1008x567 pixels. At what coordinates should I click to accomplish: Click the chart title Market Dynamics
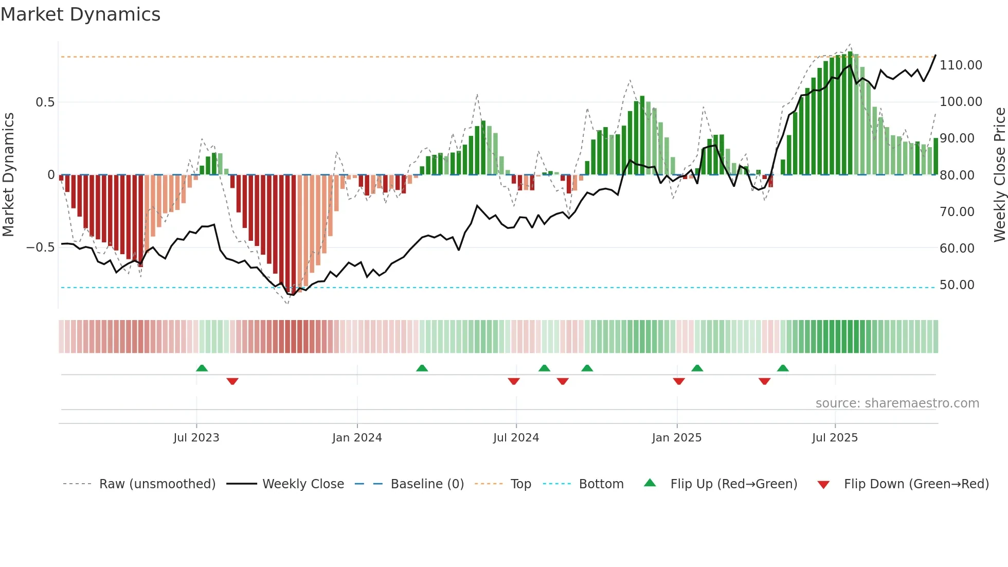coord(81,14)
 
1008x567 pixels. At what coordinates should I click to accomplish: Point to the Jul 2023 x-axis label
coord(196,438)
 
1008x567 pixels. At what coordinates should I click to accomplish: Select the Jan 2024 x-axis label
coord(357,438)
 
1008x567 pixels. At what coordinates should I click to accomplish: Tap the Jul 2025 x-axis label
coord(835,438)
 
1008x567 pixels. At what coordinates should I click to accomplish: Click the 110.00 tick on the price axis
coord(960,65)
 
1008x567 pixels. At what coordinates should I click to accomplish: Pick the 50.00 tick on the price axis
coord(957,285)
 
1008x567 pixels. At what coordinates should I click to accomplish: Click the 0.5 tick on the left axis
coord(45,102)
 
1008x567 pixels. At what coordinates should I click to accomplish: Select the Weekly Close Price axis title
coord(999,174)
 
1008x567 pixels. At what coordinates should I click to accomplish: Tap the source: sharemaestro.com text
coord(897,403)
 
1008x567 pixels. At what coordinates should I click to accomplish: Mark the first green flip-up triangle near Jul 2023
coord(202,368)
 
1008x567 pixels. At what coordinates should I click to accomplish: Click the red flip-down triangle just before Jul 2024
coord(514,381)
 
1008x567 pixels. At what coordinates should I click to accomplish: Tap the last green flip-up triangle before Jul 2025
coord(783,368)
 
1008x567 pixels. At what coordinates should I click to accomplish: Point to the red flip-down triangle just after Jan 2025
coord(679,381)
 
